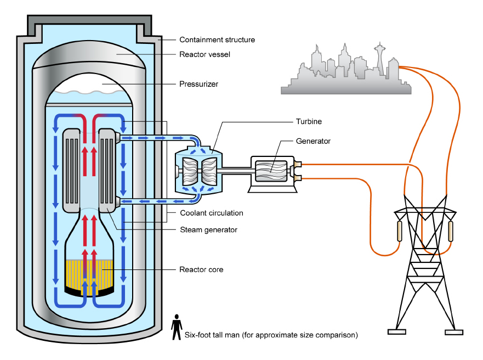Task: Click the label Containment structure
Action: pyautogui.click(x=217, y=40)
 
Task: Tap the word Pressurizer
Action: pyautogui.click(x=198, y=85)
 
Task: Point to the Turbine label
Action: pyautogui.click(x=308, y=121)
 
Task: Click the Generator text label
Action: pyautogui.click(x=313, y=142)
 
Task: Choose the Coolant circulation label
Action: pyautogui.click(x=211, y=213)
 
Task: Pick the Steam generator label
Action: pyautogui.click(x=208, y=230)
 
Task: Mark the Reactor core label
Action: pyautogui.click(x=201, y=269)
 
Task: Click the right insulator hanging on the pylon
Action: pyautogui.click(x=451, y=231)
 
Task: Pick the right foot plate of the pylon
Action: pyautogui.click(x=454, y=332)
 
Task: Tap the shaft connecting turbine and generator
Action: pyautogui.click(x=236, y=171)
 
